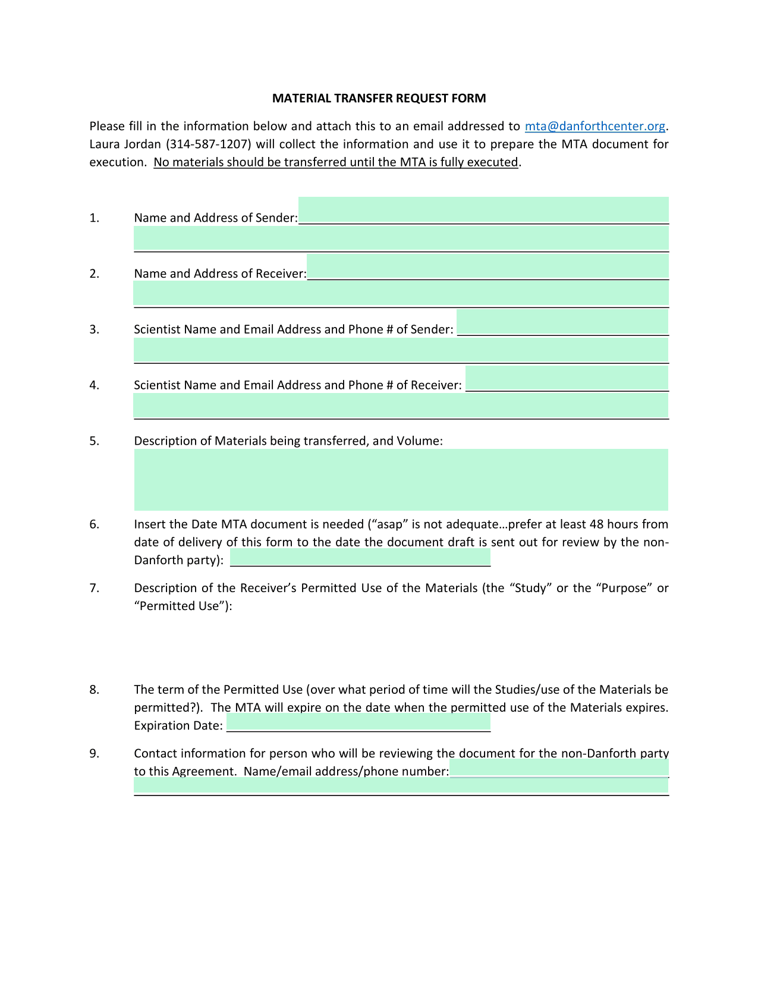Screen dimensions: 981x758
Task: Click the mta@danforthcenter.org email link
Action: coord(595,126)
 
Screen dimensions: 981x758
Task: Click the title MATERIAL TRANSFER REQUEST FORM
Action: coord(379,98)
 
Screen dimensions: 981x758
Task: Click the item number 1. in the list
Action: coord(95,218)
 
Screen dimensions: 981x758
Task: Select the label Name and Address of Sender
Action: coord(215,218)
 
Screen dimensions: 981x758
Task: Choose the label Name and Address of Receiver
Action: coord(220,273)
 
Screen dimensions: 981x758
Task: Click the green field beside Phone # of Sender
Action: coord(562,322)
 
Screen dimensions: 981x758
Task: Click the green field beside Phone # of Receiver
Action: coord(567,378)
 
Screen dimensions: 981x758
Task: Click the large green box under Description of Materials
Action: coord(401,480)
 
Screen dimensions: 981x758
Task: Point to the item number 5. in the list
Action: coord(95,441)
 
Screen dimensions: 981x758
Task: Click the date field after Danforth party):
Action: coord(360,558)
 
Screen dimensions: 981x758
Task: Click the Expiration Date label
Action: coord(178,725)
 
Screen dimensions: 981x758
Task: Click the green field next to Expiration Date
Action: coord(358,723)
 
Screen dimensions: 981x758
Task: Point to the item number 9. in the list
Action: coord(95,754)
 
